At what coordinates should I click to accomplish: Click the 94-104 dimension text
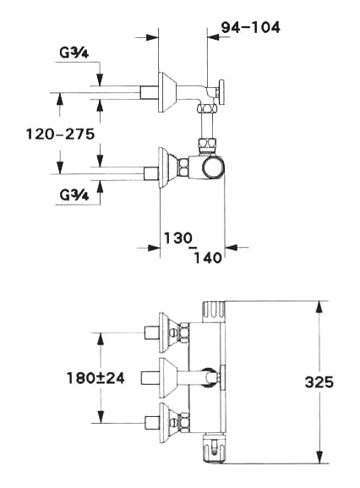click(x=251, y=27)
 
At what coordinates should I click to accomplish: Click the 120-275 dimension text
click(x=60, y=134)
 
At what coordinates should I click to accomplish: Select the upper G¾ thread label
click(x=74, y=52)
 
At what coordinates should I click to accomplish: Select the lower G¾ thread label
click(x=74, y=195)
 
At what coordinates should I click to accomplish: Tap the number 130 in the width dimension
click(x=178, y=239)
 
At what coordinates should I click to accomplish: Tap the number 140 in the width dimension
click(x=208, y=258)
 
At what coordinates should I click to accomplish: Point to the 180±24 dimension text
click(x=95, y=378)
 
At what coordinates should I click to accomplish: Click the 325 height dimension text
click(x=319, y=382)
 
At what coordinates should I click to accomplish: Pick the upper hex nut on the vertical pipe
click(x=206, y=109)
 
